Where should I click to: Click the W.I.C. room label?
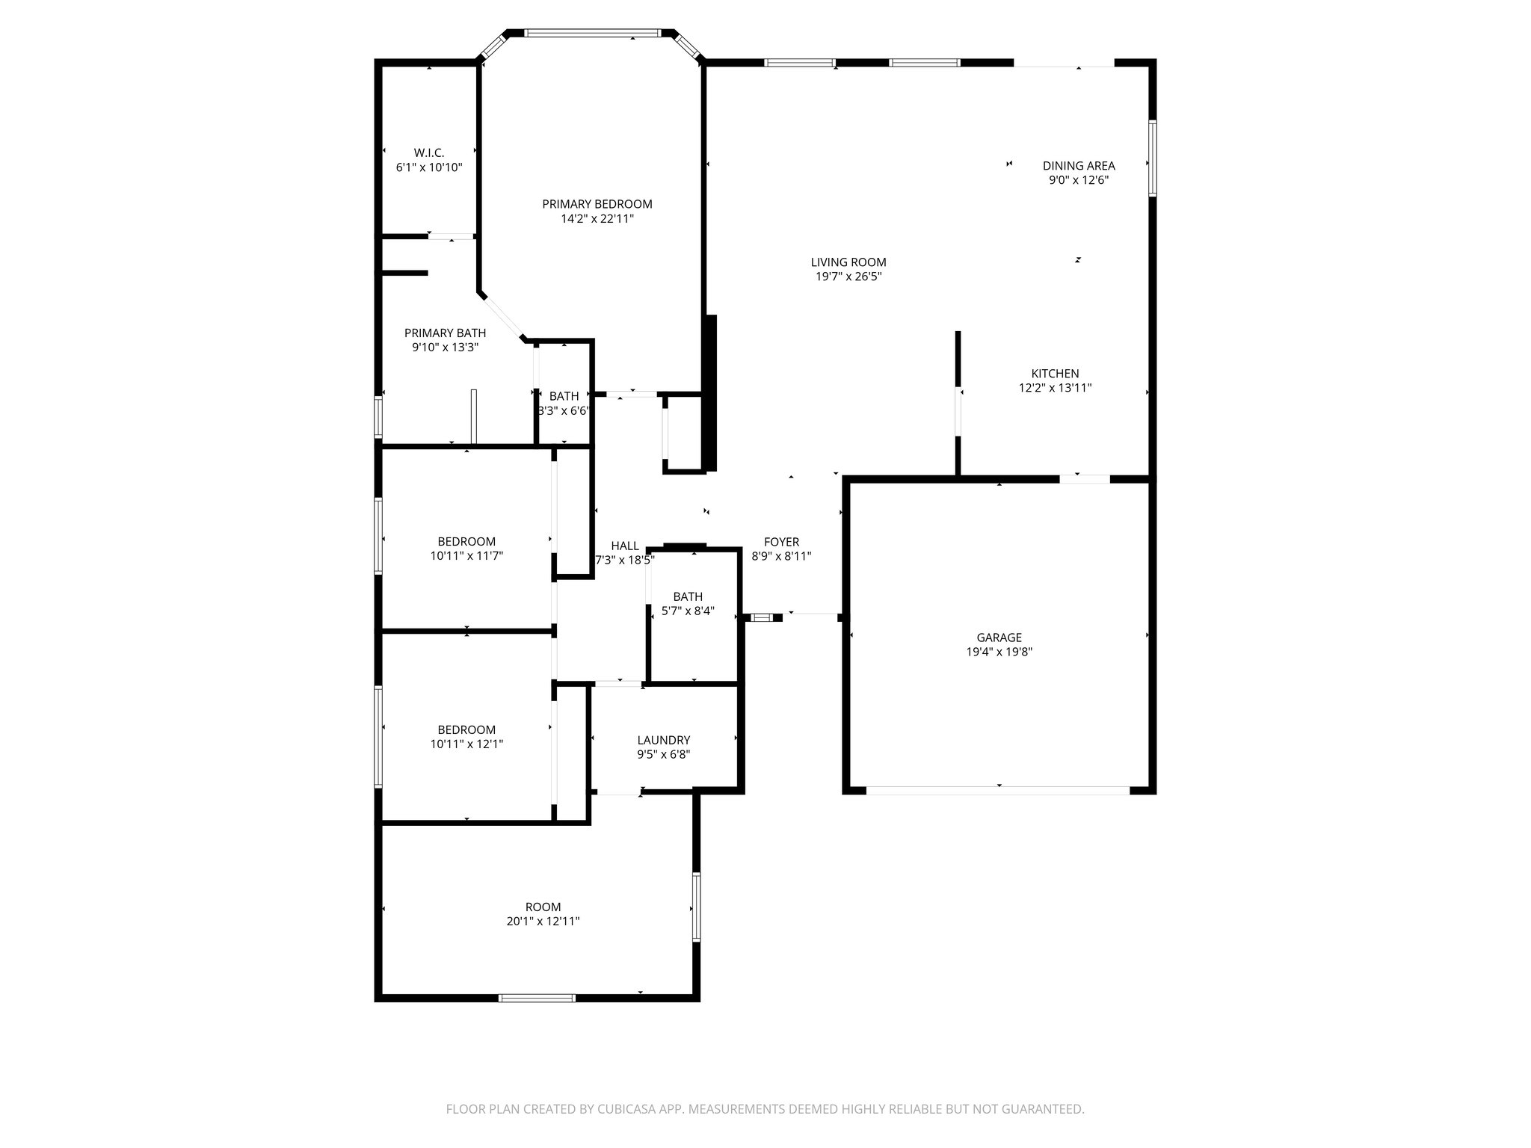429,152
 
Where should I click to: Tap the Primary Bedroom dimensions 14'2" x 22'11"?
597,219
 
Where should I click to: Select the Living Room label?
848,262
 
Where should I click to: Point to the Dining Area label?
1079,166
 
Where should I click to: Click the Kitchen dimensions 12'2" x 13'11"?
1055,388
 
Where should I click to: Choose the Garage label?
999,638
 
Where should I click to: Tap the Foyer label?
781,542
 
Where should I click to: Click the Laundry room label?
663,740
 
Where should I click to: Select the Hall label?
625,546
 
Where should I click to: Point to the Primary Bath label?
445,333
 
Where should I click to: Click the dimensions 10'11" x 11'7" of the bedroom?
466,556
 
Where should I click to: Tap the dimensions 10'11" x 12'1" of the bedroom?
466,744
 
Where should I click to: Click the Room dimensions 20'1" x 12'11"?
543,922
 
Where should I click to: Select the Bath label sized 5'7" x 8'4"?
688,596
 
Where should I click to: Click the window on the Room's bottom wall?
537,997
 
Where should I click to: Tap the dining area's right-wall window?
1152,158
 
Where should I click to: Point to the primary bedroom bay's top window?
592,33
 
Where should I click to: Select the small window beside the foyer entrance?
762,617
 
